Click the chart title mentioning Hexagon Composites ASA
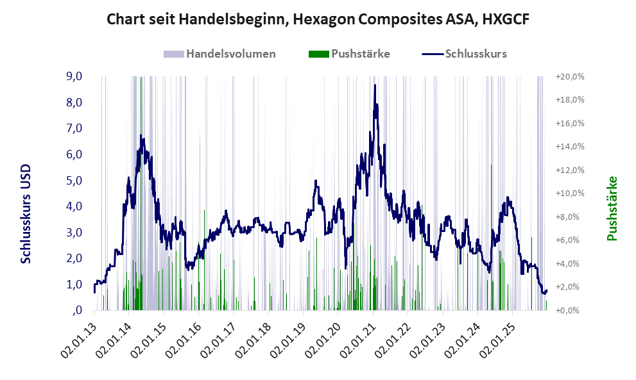(318, 19)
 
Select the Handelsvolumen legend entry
(230, 54)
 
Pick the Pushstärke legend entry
(360, 54)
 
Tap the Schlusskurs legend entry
(476, 54)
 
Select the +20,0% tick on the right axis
(570, 76)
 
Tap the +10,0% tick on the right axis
(570, 193)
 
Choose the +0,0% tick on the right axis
(570, 310)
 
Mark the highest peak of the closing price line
(374, 85)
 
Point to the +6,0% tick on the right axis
(570, 240)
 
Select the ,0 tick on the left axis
(77, 310)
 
